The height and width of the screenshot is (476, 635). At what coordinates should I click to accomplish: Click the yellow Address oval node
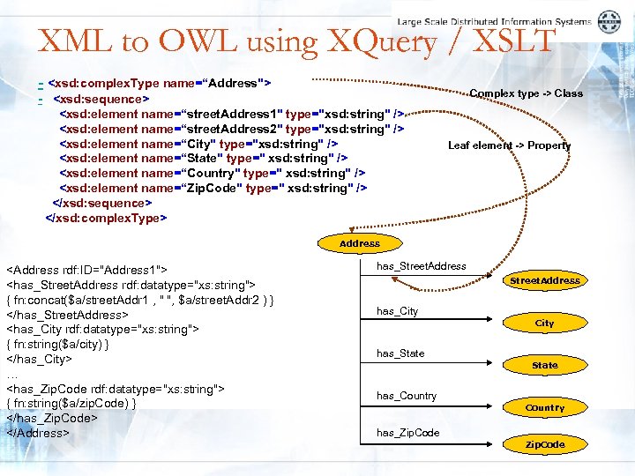tap(360, 243)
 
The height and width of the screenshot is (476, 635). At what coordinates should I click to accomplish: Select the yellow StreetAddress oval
tap(544, 281)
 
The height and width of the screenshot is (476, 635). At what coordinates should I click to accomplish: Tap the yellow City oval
tap(544, 324)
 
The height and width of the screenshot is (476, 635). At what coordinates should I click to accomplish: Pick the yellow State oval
tap(544, 365)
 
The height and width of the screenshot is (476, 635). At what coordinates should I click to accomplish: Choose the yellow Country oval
tap(544, 408)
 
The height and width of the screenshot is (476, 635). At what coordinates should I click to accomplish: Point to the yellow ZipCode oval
tap(544, 445)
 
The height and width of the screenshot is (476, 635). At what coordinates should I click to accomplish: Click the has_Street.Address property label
tap(421, 266)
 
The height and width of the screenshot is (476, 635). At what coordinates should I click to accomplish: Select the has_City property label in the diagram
tap(397, 311)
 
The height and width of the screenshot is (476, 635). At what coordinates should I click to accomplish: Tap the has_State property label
tap(400, 353)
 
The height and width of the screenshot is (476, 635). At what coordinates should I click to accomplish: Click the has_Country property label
tap(406, 396)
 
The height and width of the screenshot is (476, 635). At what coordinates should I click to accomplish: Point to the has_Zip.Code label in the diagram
tap(407, 433)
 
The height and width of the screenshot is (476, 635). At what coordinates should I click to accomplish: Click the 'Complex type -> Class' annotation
tap(526, 93)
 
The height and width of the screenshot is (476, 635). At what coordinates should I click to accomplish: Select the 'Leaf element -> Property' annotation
tap(509, 145)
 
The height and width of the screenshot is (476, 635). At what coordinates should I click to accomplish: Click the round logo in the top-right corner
tap(609, 22)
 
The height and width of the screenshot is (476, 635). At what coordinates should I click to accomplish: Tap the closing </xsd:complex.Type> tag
tap(106, 218)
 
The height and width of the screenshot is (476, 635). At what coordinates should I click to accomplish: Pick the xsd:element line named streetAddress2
tap(231, 129)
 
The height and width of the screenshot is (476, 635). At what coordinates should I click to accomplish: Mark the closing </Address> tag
tap(36, 433)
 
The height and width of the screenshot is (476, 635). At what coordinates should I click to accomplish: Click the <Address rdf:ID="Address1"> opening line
tap(87, 270)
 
